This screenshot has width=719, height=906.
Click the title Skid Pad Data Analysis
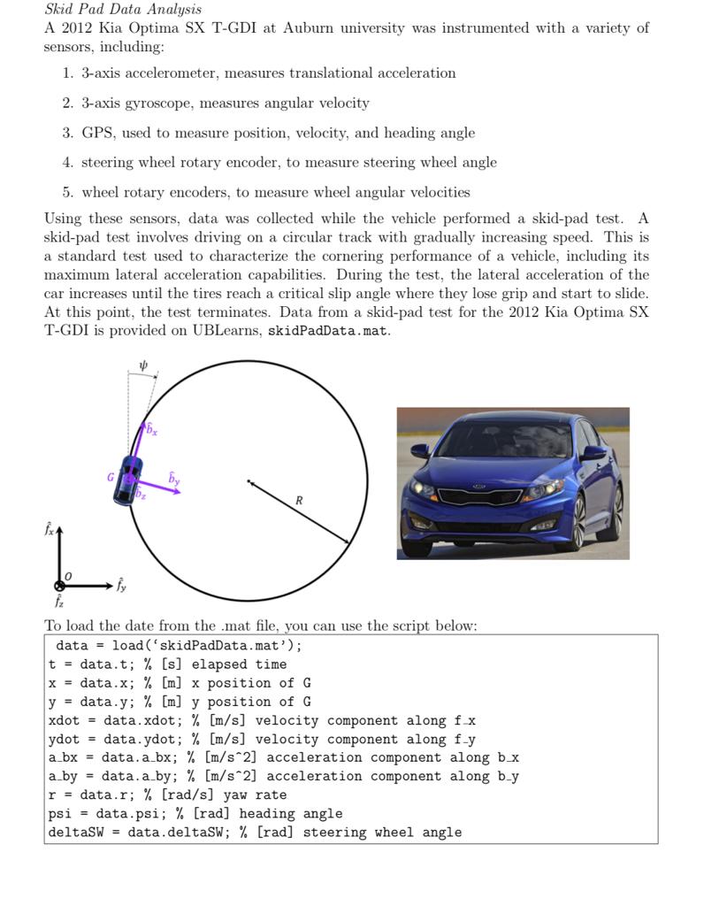point(123,10)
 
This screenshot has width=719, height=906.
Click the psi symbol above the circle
point(144,364)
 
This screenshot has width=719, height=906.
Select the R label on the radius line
point(299,501)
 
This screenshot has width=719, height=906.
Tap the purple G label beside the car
point(111,476)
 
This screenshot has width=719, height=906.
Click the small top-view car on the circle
point(129,479)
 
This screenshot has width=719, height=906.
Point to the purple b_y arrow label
point(174,479)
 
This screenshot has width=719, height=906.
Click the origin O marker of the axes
point(60,585)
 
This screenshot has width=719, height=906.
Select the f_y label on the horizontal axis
point(121,585)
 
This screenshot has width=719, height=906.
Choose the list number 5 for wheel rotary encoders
point(67,193)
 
